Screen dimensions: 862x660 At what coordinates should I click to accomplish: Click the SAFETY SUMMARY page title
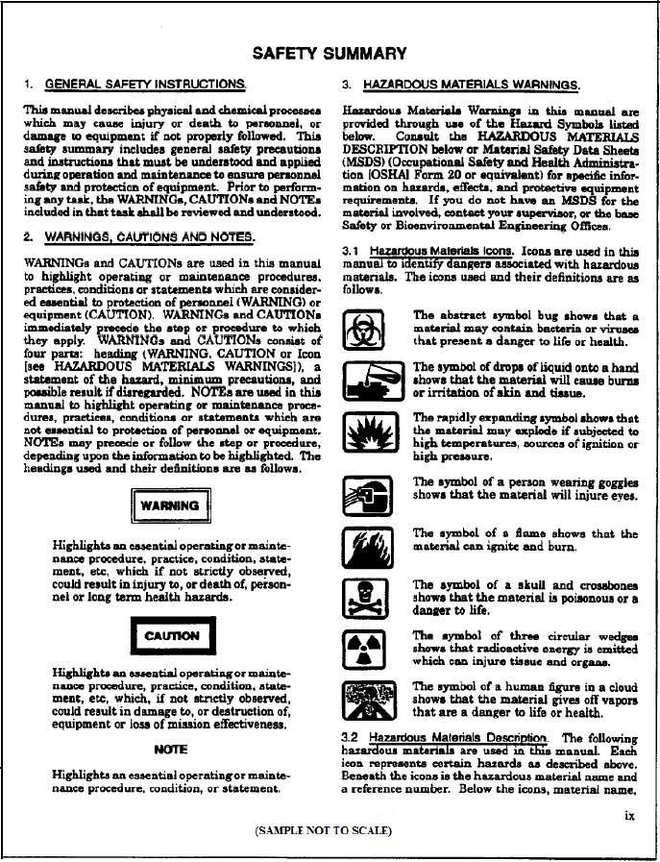329,54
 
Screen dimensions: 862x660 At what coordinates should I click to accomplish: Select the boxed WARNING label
169,506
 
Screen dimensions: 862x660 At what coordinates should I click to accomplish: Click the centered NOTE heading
170,750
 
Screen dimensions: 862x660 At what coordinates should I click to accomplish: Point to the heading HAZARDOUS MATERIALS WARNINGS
471,85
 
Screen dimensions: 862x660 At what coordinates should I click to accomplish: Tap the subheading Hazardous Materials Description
457,737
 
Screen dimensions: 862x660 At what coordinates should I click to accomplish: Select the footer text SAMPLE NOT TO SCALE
323,830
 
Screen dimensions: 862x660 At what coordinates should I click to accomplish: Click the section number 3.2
351,737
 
